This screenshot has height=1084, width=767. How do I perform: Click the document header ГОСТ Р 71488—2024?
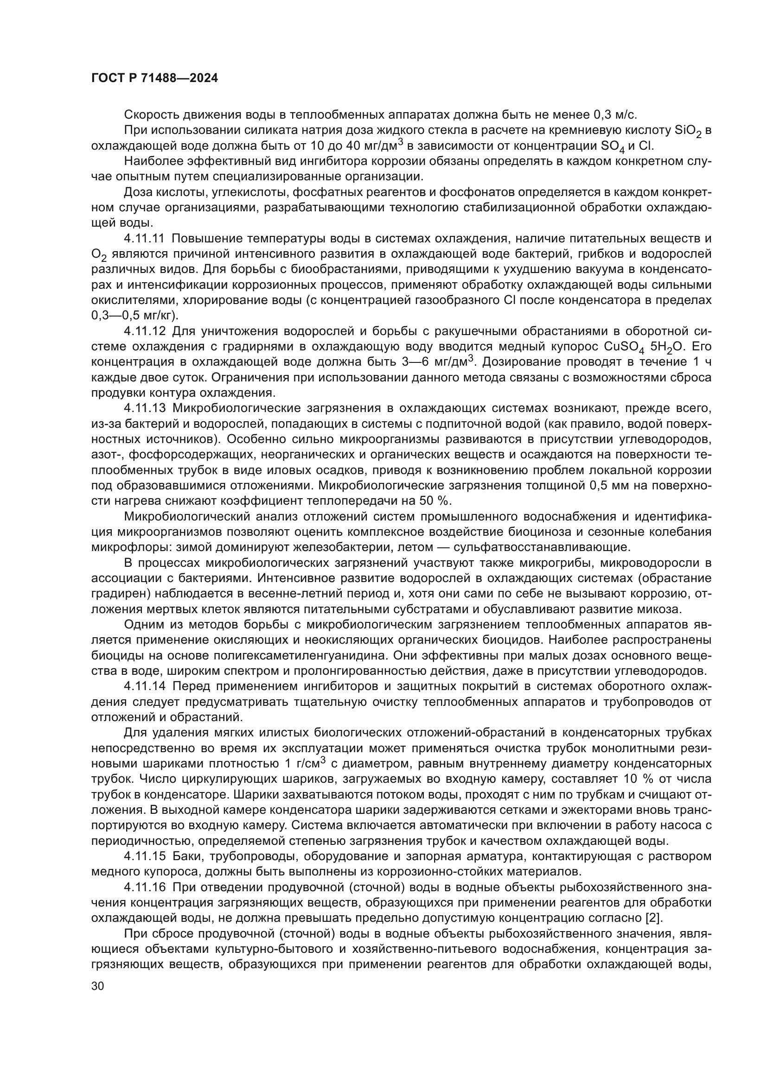click(154, 78)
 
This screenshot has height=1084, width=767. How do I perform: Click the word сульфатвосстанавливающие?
click(542, 547)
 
